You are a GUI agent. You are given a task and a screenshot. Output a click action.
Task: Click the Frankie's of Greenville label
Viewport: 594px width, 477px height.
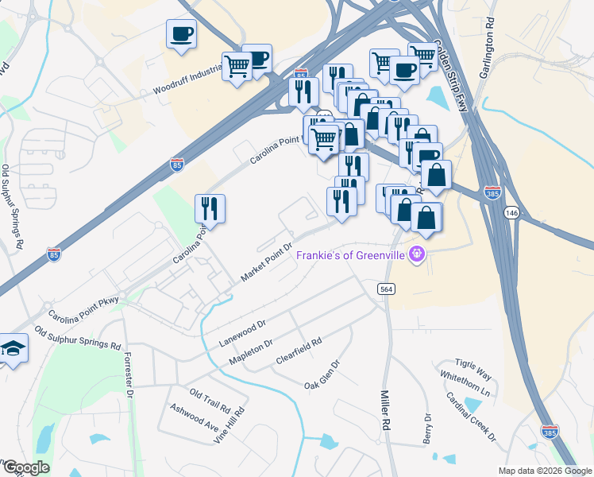point(351,255)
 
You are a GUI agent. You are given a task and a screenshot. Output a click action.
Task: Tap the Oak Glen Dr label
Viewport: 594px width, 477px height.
point(322,375)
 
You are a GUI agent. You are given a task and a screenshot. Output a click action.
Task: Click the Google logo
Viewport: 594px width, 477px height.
point(25,467)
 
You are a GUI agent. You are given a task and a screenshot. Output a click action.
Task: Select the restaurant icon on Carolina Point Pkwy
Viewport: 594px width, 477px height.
point(210,208)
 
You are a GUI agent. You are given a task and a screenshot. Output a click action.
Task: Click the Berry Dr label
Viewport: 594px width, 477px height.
point(428,429)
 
